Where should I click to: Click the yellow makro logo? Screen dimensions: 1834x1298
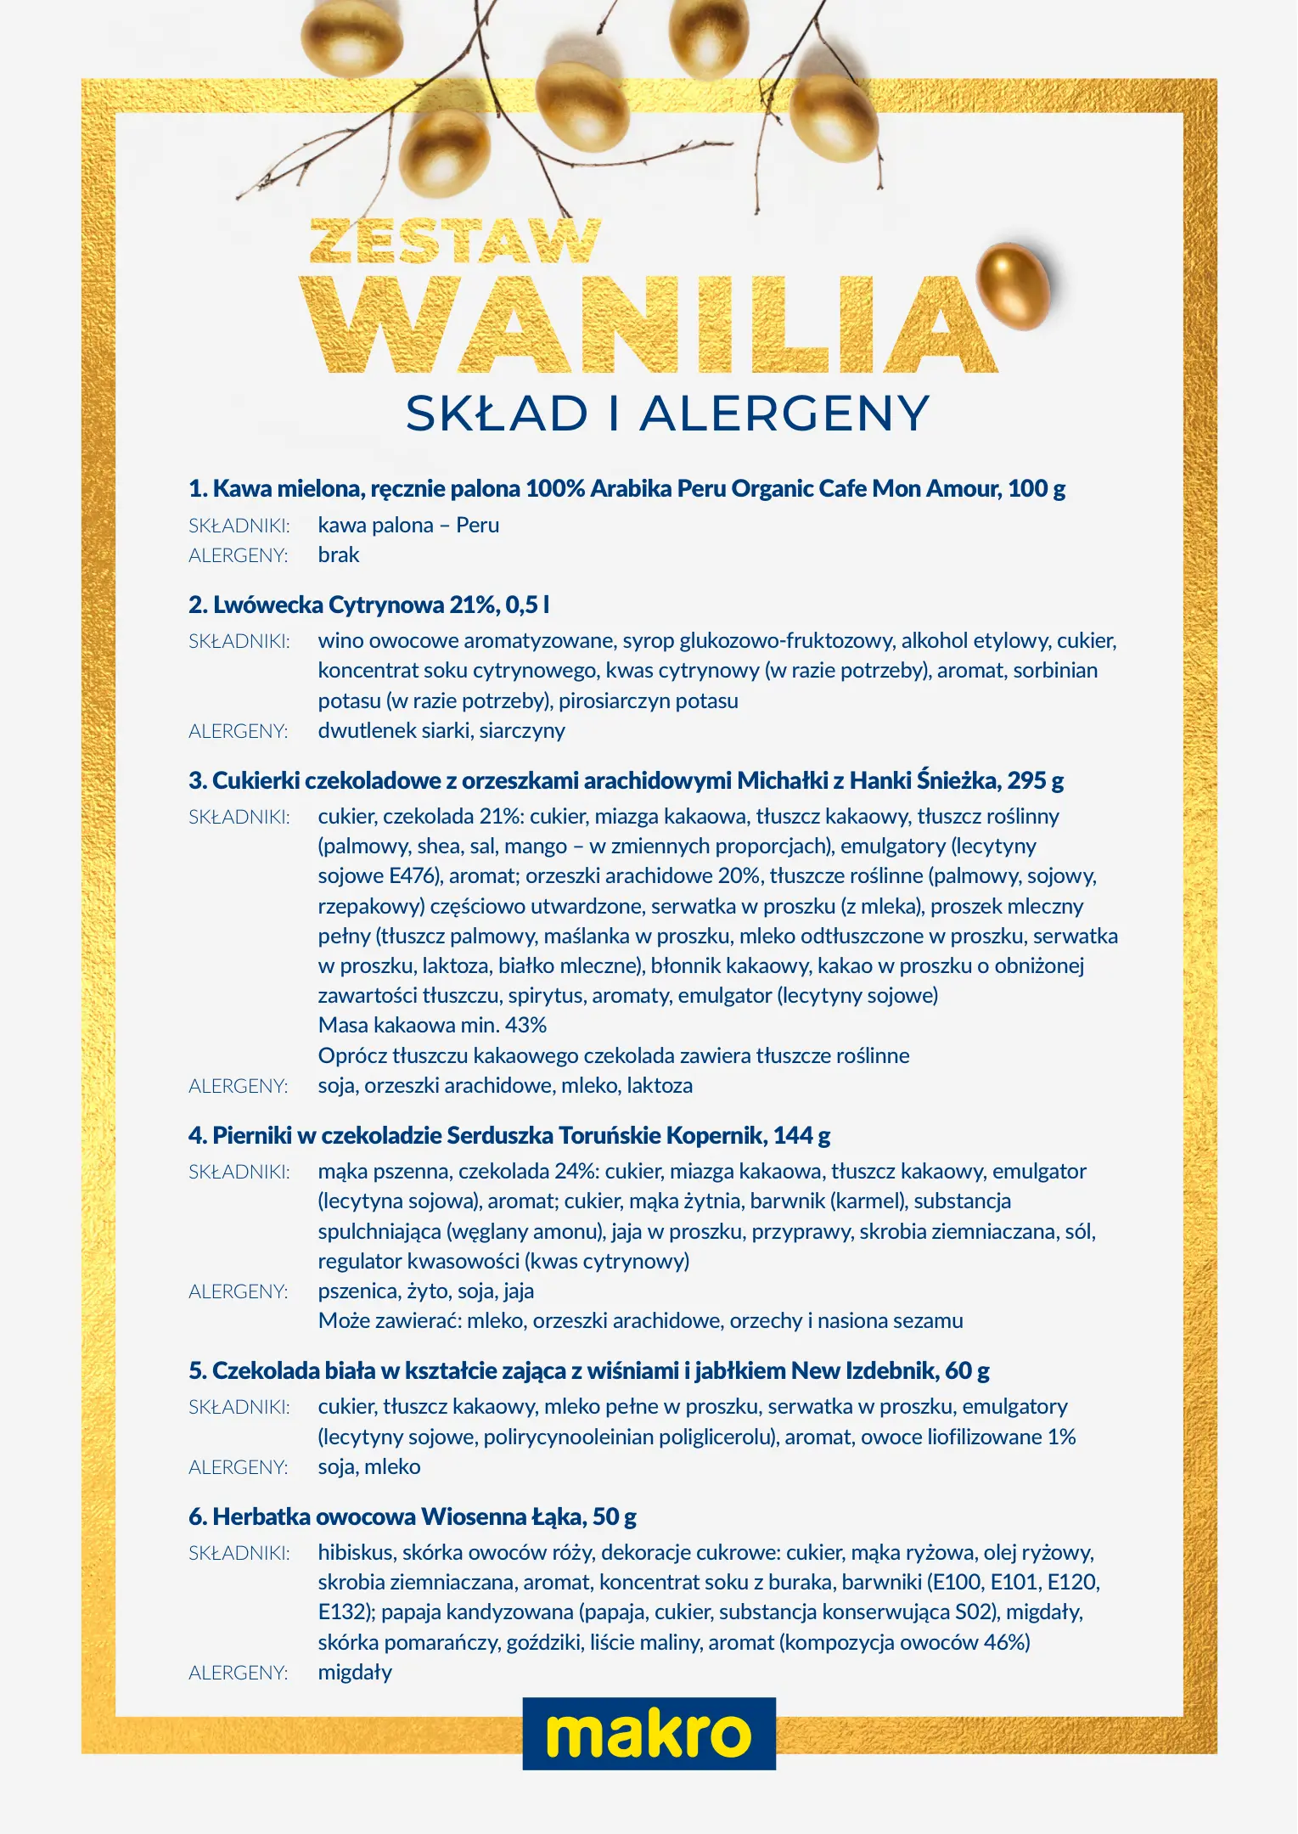pyautogui.click(x=649, y=1734)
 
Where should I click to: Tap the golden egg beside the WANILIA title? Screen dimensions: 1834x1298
pyautogui.click(x=1013, y=286)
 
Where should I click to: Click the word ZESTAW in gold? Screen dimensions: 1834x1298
pyautogui.click(x=455, y=242)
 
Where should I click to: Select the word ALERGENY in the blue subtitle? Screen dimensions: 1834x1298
pyautogui.click(x=784, y=414)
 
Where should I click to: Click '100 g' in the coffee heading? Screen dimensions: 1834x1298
pyautogui.click(x=1036, y=489)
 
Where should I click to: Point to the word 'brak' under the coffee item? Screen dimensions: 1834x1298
pyautogui.click(x=339, y=555)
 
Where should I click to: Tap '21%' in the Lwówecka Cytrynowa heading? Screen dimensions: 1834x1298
pyautogui.click(x=475, y=605)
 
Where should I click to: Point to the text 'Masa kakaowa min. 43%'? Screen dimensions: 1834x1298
pyautogui.click(x=432, y=1026)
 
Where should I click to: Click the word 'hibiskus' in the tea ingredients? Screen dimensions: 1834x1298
pyautogui.click(x=357, y=1553)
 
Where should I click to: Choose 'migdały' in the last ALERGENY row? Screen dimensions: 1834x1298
pyautogui.click(x=355, y=1673)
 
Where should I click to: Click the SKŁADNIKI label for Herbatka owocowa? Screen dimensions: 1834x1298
pyautogui.click(x=239, y=1554)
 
